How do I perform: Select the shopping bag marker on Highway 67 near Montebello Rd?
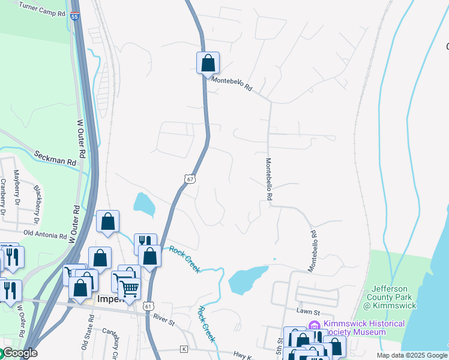(x=208, y=63)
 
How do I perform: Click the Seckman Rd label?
(x=56, y=158)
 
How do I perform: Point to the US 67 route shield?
(x=190, y=179)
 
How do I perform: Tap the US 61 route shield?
(x=148, y=306)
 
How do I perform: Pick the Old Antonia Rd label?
(x=45, y=233)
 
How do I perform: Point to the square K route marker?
(x=184, y=349)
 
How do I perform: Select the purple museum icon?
(x=313, y=325)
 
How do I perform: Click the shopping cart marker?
(x=129, y=287)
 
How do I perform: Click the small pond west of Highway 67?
(x=143, y=204)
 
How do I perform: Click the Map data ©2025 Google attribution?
(x=412, y=355)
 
